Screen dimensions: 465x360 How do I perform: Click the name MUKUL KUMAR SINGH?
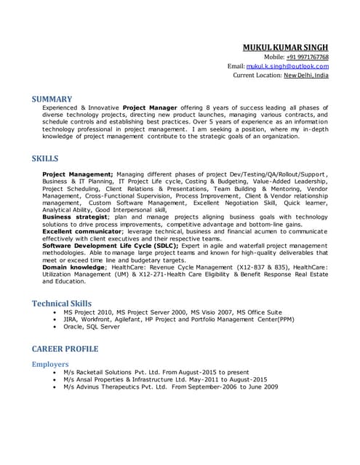tap(286, 46)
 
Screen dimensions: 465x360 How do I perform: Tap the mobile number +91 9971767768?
tap(307, 57)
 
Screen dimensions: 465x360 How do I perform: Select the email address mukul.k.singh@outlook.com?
tap(288, 65)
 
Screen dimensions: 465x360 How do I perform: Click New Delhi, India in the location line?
tap(305, 75)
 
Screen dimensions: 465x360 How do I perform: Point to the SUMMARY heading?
tap(52, 99)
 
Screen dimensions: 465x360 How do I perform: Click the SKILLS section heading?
tap(45, 158)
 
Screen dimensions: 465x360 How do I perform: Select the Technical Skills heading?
tap(62, 303)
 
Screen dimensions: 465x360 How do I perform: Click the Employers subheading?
tap(50, 364)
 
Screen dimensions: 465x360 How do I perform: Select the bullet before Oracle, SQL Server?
tap(56, 327)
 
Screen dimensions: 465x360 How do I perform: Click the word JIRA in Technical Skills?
tap(71, 320)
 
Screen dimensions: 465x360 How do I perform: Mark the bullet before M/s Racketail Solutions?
tap(56, 372)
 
